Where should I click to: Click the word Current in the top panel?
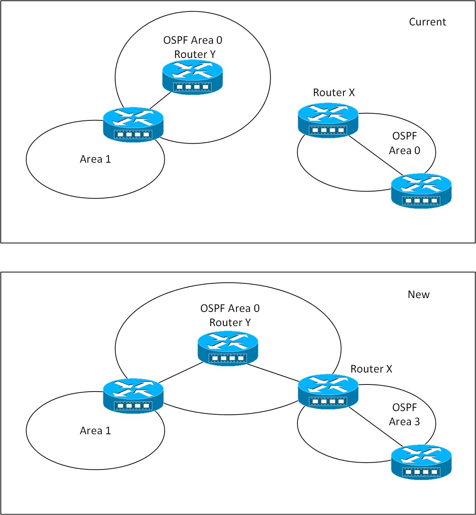pos(427,22)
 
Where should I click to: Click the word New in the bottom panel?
pos(418,295)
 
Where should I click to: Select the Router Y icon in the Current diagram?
pos(193,77)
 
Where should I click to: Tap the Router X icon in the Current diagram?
pos(328,120)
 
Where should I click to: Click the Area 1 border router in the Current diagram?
pos(133,125)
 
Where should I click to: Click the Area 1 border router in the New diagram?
pos(133,396)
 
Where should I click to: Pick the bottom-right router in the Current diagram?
pos(421,191)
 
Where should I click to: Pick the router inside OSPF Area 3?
pos(421,462)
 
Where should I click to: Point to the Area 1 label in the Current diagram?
pos(95,159)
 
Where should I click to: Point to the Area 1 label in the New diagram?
pos(95,431)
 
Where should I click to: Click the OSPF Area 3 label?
pos(405,415)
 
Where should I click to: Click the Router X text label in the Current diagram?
pos(334,93)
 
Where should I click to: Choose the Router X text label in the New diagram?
pos(371,369)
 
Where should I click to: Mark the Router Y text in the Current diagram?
pos(195,55)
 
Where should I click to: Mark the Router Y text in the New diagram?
pos(230,323)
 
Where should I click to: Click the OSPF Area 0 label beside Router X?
pos(405,143)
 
